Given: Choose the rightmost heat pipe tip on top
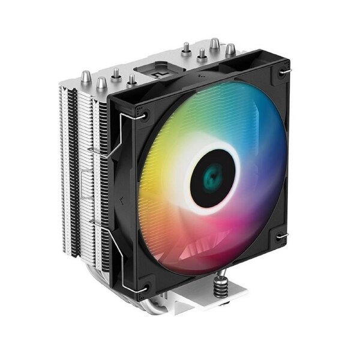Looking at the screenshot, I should [x=230, y=50].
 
